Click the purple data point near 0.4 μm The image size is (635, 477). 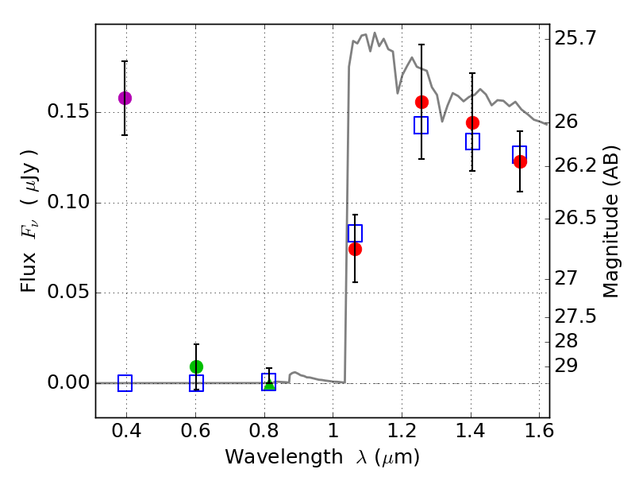(x=125, y=98)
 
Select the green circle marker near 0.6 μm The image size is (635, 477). (x=197, y=366)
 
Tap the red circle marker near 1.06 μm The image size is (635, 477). (x=355, y=249)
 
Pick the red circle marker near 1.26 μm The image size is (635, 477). (x=421, y=102)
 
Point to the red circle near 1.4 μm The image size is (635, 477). (x=472, y=122)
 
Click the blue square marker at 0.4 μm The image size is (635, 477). (x=125, y=383)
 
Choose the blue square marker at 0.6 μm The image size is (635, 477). (x=196, y=383)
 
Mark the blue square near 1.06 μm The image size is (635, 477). (x=355, y=233)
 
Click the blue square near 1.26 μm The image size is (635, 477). (x=421, y=125)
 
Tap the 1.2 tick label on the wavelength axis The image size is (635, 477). (x=402, y=433)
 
